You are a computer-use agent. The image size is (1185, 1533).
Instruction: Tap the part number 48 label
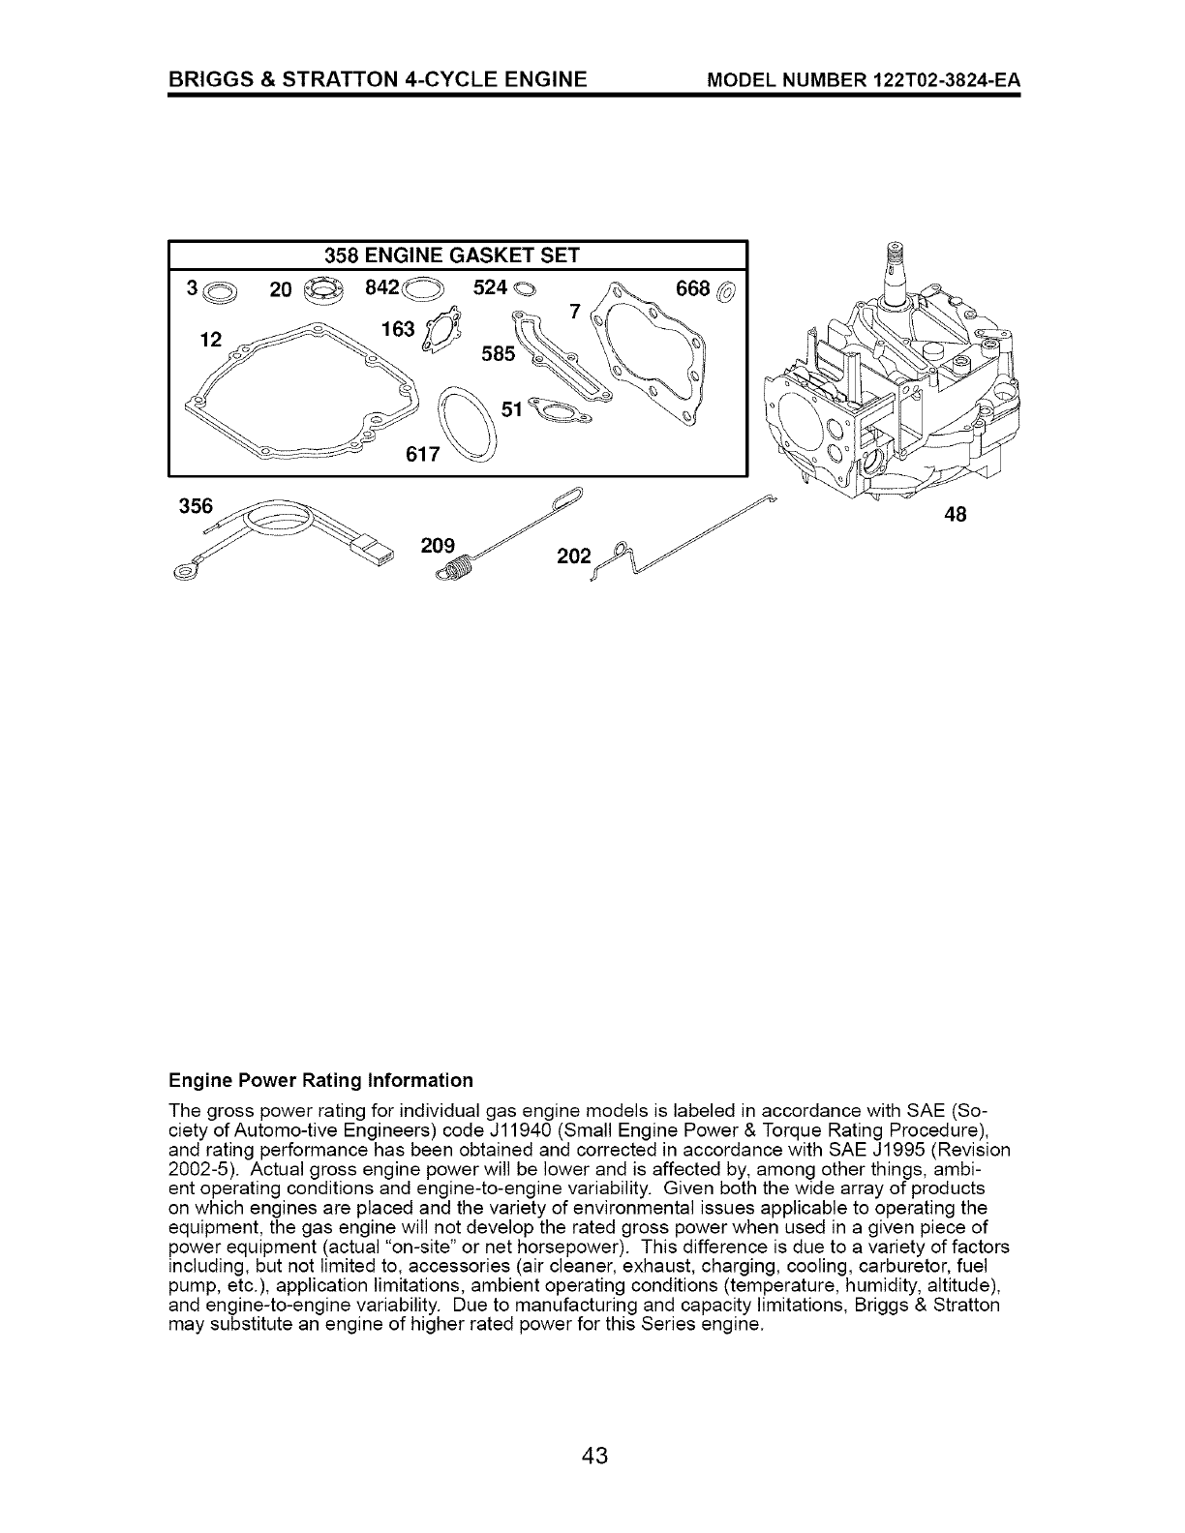pos(955,516)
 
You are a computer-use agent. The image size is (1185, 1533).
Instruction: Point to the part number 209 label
pos(438,545)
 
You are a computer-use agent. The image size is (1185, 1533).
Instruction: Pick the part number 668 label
pos(694,288)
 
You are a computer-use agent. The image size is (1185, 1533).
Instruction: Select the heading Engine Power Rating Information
pos(320,1079)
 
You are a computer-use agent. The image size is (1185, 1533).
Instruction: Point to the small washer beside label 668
pos(726,288)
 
